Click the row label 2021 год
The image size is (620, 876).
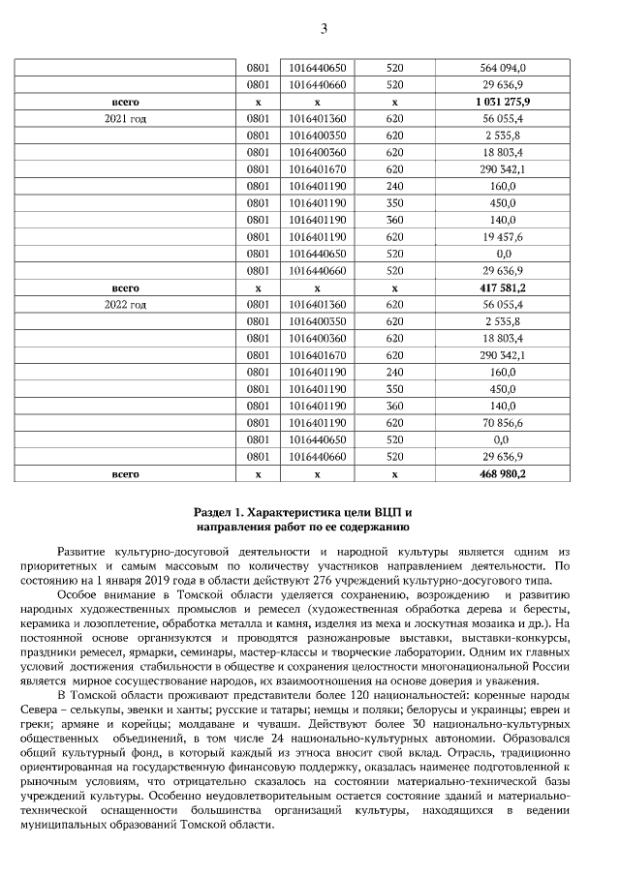(x=126, y=117)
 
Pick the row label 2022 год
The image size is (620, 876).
(x=126, y=304)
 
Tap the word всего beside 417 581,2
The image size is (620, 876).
(x=126, y=287)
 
